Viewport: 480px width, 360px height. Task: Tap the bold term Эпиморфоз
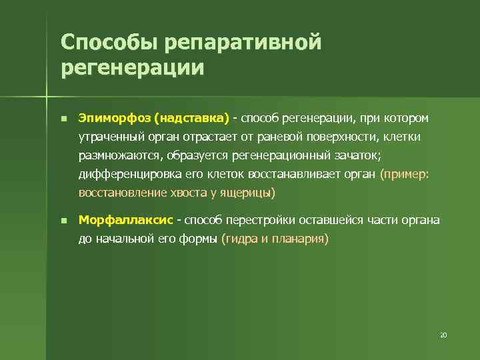114,118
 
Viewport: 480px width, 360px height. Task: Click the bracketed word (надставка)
191,118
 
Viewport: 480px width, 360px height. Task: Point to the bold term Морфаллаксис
126,219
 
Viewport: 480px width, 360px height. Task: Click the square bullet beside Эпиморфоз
62,119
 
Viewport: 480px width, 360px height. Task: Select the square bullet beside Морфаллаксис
62,220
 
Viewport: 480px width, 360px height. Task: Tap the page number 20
443,334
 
